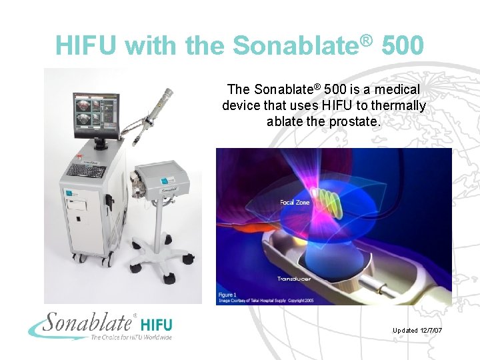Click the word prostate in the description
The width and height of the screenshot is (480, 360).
click(355, 121)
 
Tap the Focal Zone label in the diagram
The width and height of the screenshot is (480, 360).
click(295, 202)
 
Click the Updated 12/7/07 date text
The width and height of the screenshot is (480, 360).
click(422, 331)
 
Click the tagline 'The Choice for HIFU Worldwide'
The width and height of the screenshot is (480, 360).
click(131, 337)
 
